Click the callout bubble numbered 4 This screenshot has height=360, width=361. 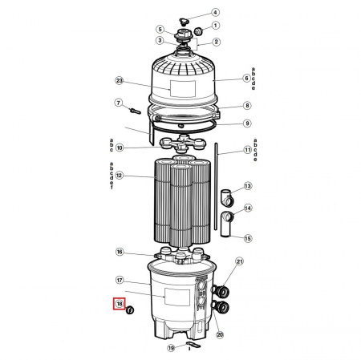[x=215, y=12]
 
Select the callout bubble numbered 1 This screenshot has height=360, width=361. [x=215, y=26]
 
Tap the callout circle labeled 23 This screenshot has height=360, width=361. [x=120, y=81]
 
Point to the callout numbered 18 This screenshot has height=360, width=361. [x=120, y=304]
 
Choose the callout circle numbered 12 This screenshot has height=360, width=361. [x=120, y=176]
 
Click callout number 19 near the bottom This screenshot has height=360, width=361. [x=171, y=348]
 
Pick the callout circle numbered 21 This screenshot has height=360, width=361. [x=239, y=261]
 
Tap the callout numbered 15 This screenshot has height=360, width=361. [x=248, y=238]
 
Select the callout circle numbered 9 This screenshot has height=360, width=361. [x=247, y=123]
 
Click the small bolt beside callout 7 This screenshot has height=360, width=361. [x=135, y=111]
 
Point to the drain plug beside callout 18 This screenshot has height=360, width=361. [x=130, y=310]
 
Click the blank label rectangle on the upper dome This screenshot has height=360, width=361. [x=183, y=89]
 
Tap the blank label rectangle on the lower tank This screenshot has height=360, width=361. [x=177, y=297]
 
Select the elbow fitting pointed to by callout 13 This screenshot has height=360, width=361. [x=227, y=198]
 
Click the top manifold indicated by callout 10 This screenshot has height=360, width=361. [x=183, y=144]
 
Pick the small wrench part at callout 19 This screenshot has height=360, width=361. [x=193, y=344]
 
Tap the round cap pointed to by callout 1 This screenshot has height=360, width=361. [x=199, y=31]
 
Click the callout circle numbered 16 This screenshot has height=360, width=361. [x=120, y=252]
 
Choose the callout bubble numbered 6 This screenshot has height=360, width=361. [x=247, y=79]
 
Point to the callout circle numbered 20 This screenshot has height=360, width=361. [x=220, y=334]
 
